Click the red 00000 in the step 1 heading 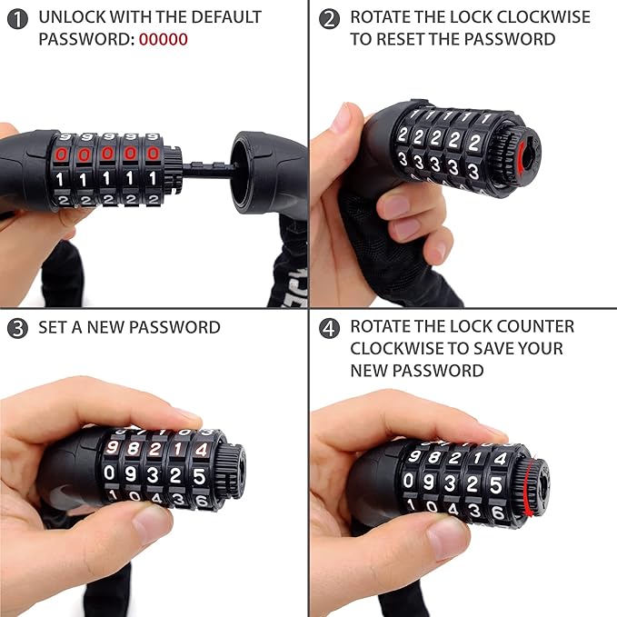click(164, 40)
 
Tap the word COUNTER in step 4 click(540, 326)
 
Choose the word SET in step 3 click(53, 327)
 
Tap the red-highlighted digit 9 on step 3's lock click(113, 448)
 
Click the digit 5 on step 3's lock click(199, 473)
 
